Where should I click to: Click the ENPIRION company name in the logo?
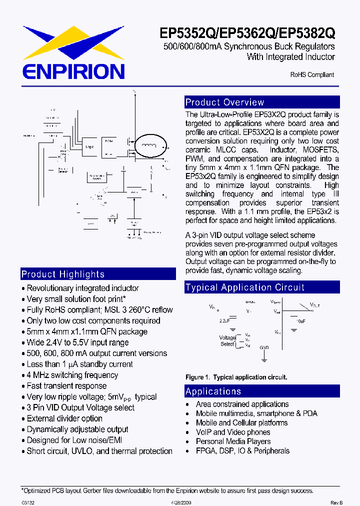(x=72, y=70)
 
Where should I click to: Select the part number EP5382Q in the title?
(x=306, y=33)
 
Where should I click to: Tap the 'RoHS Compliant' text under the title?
(x=312, y=74)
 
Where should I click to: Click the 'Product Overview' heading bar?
(x=262, y=102)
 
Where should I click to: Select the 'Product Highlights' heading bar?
(x=98, y=274)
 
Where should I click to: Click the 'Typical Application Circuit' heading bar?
(x=262, y=287)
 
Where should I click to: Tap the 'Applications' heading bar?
(x=262, y=391)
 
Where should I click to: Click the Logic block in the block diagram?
(x=89, y=147)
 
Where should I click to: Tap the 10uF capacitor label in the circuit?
(x=300, y=321)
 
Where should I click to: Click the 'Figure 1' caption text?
(x=236, y=377)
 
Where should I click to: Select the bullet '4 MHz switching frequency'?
(x=72, y=375)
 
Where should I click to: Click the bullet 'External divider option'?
(x=64, y=418)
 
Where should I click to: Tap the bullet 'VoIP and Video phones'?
(x=233, y=432)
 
